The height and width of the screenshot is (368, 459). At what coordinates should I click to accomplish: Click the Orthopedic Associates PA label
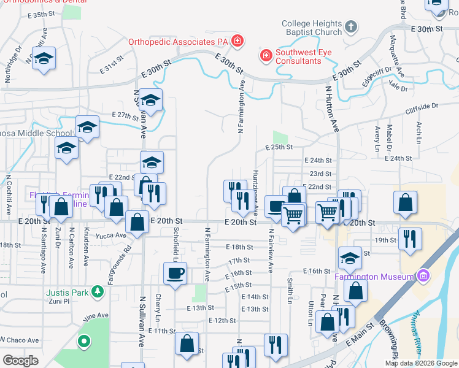[178, 42]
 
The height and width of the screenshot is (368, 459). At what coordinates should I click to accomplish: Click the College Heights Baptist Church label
[312, 28]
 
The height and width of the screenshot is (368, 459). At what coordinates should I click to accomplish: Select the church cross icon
[350, 27]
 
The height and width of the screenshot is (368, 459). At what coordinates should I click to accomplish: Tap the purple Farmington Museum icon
[422, 276]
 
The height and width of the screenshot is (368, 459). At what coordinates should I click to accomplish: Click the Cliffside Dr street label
[422, 107]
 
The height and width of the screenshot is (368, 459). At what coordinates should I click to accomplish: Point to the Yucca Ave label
[110, 235]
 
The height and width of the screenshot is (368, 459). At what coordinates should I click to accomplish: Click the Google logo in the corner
[20, 361]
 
